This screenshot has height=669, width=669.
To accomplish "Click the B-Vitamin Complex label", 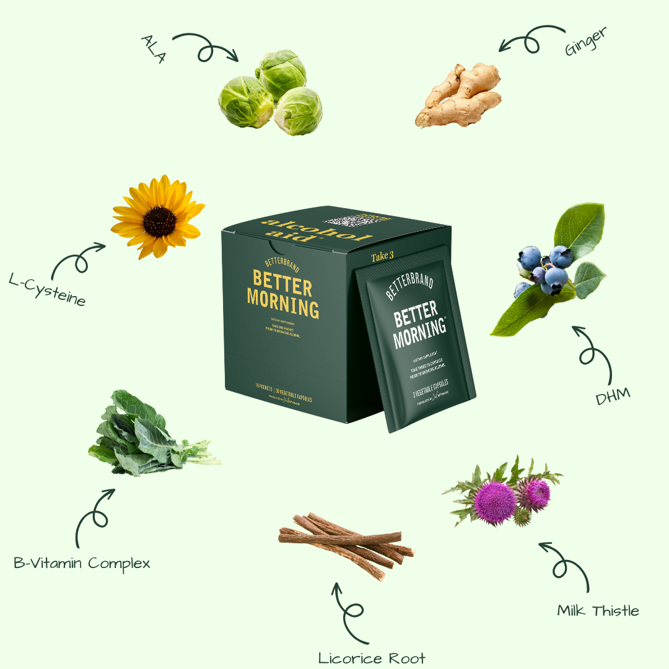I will [82, 563].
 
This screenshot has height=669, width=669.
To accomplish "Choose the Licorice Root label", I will [372, 657].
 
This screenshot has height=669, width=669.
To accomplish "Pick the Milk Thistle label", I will [598, 611].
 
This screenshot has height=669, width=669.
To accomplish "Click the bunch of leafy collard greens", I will [146, 434].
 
